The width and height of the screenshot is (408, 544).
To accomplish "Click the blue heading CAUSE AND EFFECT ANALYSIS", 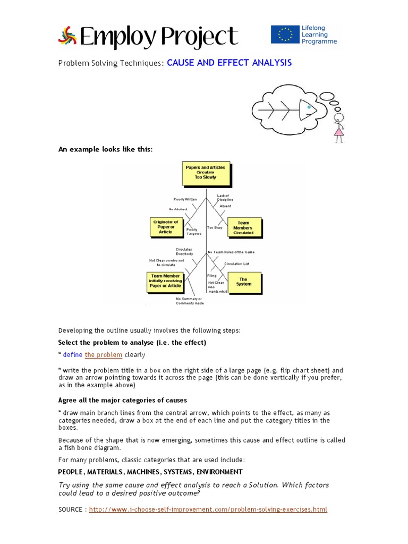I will tap(229, 63).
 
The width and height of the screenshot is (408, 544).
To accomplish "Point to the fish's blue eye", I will tap(309, 107).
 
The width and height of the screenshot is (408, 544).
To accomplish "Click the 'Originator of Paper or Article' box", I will tap(165, 227).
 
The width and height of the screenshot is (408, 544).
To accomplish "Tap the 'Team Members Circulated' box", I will tap(243, 228).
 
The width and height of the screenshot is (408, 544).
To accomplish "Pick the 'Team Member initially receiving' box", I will tap(166, 281).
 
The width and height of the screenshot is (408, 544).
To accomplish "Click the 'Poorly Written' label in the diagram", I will tap(185, 199).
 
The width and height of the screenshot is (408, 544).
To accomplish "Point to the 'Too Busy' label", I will tap(214, 227).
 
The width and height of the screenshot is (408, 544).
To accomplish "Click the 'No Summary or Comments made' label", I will tap(190, 301).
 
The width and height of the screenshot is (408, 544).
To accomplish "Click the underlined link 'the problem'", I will tap(104, 354).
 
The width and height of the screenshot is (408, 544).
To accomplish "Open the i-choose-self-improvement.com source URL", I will tap(208, 509).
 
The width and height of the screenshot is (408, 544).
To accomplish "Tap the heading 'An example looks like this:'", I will tap(105, 149).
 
